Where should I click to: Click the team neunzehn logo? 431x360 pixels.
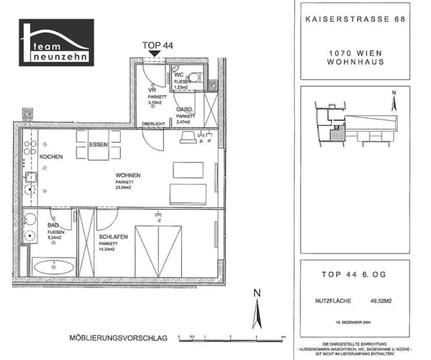(56, 43)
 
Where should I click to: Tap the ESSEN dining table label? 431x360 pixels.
(98, 144)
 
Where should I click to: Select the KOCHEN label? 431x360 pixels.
(51, 157)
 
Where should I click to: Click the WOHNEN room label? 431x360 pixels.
(128, 175)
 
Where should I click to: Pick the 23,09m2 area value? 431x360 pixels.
(124, 188)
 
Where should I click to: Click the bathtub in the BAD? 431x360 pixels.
(53, 267)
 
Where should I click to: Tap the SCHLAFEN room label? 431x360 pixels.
(113, 237)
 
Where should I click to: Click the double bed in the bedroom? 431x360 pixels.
(158, 251)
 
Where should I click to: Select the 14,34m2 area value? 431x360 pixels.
(107, 250)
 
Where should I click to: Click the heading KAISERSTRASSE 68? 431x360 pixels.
(355, 19)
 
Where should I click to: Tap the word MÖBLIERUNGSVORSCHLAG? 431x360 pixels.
(118, 338)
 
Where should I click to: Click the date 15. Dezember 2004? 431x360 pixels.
(354, 323)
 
